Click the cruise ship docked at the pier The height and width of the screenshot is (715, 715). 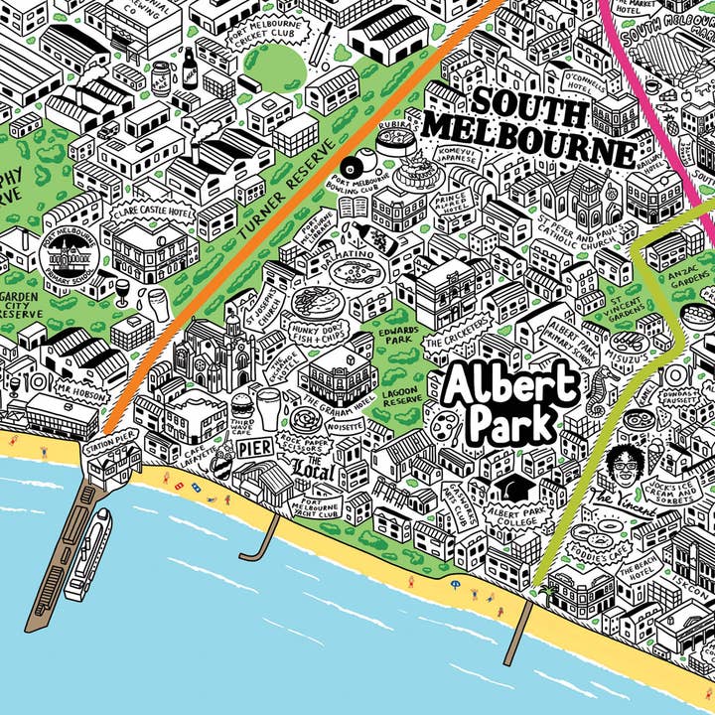pos(86,553)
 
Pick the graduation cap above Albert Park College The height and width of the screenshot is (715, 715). pos(513,486)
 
